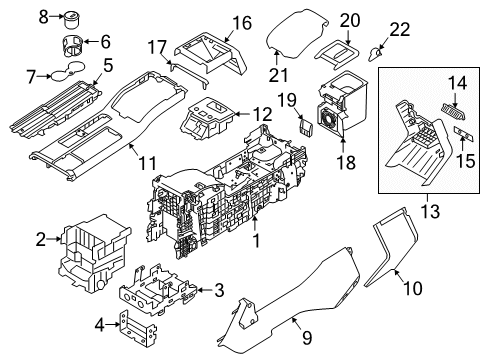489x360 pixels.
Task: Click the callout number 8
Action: click(43, 17)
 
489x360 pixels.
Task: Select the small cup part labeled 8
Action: click(72, 20)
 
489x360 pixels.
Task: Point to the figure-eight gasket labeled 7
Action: click(67, 71)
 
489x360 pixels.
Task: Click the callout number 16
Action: click(242, 23)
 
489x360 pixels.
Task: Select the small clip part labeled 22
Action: click(375, 54)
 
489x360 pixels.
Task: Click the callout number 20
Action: click(350, 21)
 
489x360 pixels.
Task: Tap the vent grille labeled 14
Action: click(452, 112)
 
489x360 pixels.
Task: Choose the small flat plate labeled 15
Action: click(464, 134)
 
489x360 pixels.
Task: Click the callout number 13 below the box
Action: click(430, 211)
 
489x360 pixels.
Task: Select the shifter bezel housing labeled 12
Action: click(207, 118)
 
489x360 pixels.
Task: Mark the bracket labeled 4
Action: click(138, 328)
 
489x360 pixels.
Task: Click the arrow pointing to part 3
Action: click(205, 290)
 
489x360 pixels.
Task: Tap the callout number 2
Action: click(41, 239)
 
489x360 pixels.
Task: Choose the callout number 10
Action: click(413, 288)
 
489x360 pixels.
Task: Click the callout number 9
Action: click(307, 337)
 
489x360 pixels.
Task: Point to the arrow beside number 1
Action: click(255, 223)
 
